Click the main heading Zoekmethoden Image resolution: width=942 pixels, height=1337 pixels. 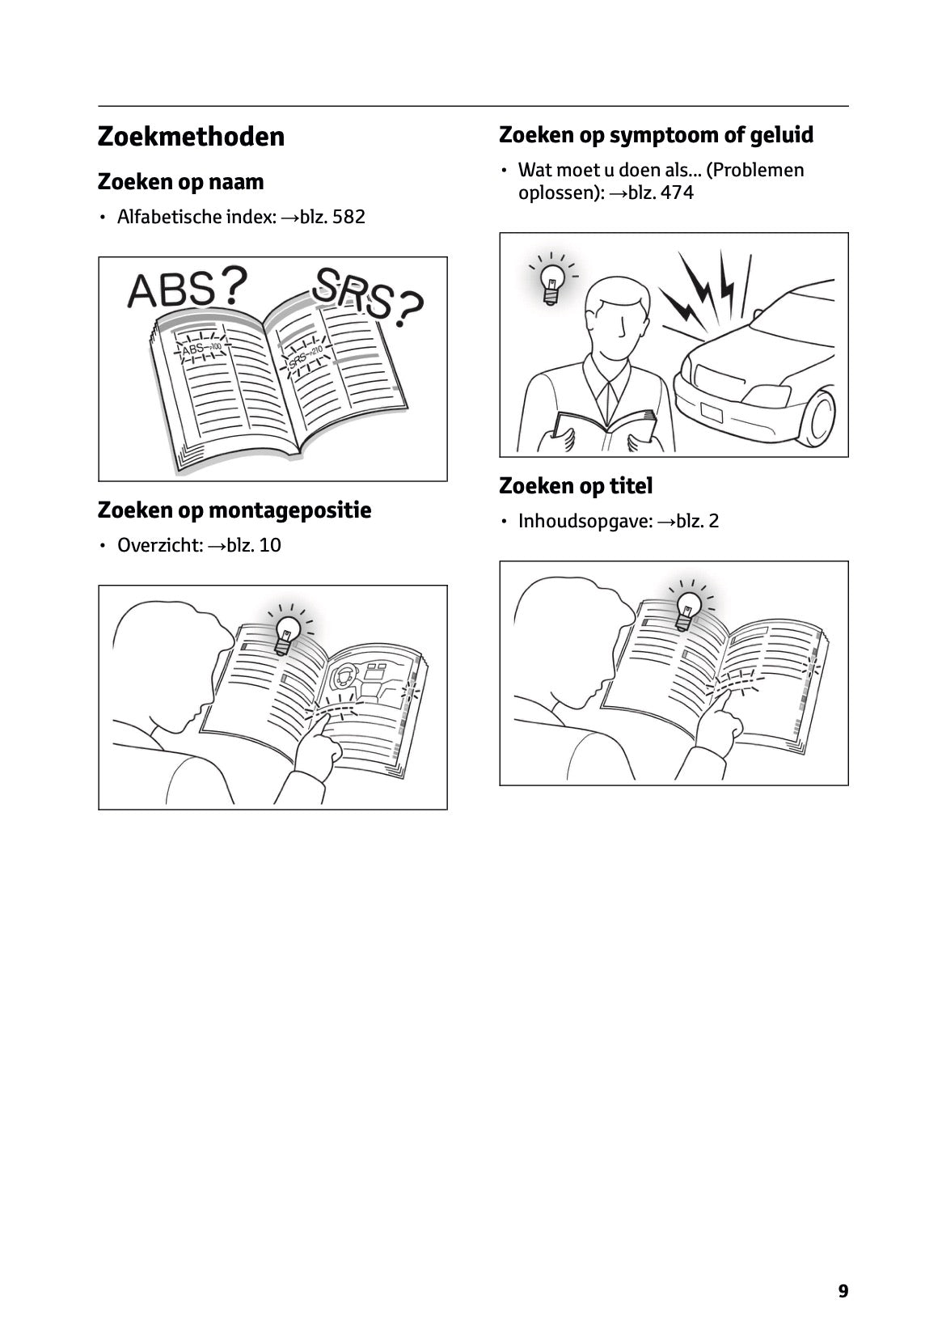[x=191, y=137]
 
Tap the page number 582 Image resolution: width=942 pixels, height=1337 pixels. [x=348, y=217]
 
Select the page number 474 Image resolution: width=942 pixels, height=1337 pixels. [x=677, y=193]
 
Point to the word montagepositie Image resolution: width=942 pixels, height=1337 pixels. [x=290, y=511]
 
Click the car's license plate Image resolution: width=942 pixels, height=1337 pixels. [x=712, y=412]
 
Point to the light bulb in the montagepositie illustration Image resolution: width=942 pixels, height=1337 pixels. [x=289, y=634]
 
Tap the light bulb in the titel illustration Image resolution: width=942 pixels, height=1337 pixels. [x=687, y=609]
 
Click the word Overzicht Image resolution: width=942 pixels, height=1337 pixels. [x=160, y=545]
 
